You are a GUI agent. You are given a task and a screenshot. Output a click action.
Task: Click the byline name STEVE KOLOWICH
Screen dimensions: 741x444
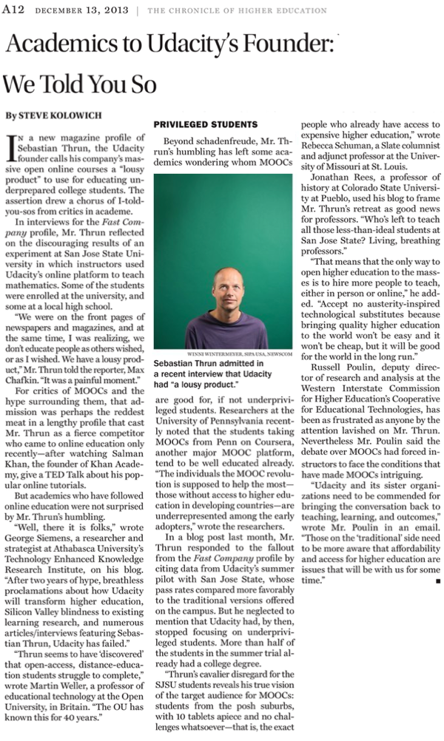pyautogui.click(x=51, y=115)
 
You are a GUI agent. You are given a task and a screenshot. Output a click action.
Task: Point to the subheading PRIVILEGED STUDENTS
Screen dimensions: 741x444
pyautogui.click(x=205, y=125)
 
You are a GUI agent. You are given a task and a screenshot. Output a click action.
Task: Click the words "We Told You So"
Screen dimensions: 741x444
pyautogui.click(x=80, y=84)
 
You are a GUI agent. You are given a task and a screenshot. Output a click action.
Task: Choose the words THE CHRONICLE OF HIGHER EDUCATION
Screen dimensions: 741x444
pyautogui.click(x=237, y=10)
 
